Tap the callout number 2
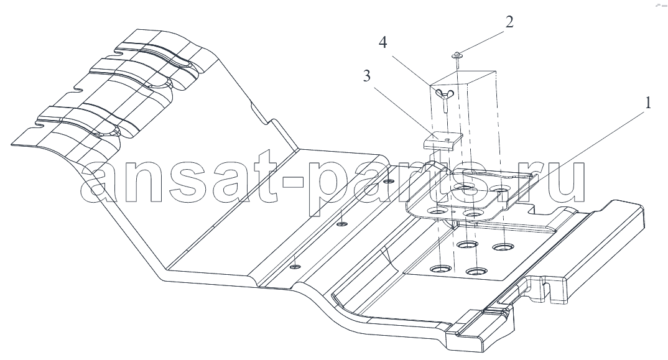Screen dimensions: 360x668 point(509,23)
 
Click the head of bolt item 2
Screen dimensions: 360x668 point(457,55)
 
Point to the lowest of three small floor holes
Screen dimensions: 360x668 point(295,266)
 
